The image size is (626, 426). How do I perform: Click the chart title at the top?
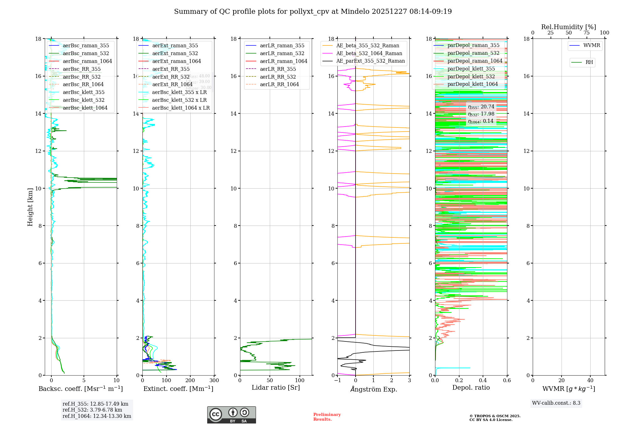313,12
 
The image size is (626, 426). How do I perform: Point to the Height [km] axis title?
30,207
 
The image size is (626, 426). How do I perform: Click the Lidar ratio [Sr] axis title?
276,388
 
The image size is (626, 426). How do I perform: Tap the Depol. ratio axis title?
471,388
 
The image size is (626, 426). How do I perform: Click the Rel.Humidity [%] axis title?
568,27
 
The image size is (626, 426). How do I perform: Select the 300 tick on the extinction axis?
214,381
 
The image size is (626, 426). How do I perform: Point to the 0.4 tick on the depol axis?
483,381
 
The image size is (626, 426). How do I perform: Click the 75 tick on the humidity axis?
587,33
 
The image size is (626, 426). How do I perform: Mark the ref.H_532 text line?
92,410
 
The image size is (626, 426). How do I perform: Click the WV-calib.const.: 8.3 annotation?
556,403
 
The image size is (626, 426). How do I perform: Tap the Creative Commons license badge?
231,415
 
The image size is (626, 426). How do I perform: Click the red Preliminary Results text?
327,417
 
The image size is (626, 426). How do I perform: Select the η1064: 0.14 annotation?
480,121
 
